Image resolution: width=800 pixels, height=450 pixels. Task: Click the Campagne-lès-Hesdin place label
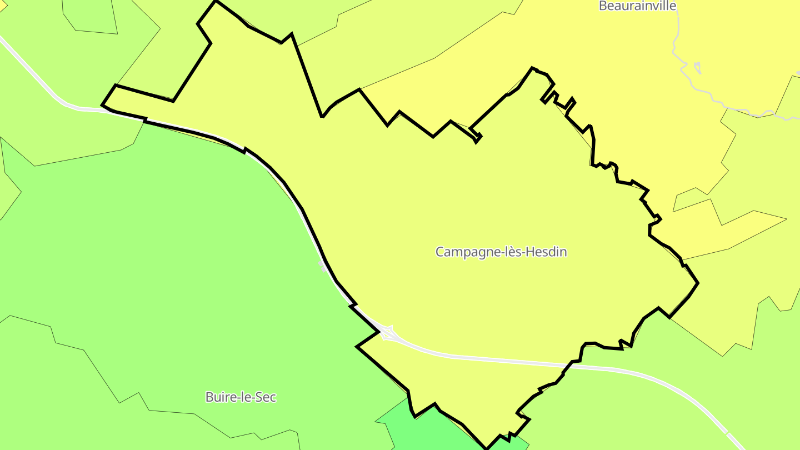[x=501, y=252]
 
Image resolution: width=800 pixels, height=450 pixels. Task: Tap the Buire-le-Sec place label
[x=241, y=397]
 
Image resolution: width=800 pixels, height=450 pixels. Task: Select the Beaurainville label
[x=638, y=6]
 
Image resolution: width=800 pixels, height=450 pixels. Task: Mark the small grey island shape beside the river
[x=697, y=68]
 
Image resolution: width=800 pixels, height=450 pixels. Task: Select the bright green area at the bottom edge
[x=422, y=431]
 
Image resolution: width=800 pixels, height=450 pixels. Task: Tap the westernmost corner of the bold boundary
[x=102, y=104]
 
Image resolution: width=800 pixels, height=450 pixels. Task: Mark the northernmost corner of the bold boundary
[x=216, y=1]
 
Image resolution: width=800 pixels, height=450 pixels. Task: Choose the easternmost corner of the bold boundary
[x=698, y=283]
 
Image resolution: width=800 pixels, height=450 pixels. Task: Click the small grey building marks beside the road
[x=324, y=266]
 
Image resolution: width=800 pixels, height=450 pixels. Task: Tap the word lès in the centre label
[x=517, y=252]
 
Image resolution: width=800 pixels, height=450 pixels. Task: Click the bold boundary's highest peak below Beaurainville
[x=532, y=68]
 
